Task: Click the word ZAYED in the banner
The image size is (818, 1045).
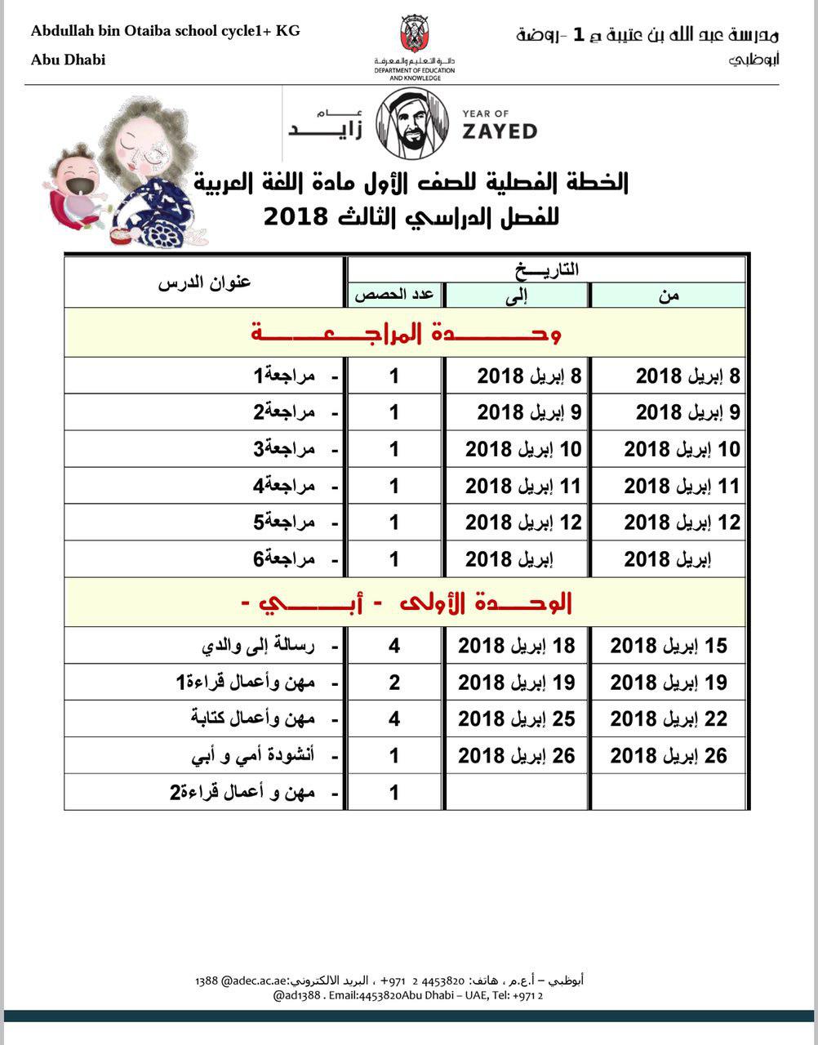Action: tap(499, 131)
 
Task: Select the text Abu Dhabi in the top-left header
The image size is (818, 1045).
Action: tap(69, 60)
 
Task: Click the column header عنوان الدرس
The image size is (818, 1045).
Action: tap(204, 282)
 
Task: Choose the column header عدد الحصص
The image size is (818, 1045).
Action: tap(393, 296)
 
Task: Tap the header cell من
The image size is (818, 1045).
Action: tap(669, 296)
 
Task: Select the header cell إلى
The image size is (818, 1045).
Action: tap(517, 296)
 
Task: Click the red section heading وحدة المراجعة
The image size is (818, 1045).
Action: tap(406, 332)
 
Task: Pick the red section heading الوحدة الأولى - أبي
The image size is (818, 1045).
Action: tap(406, 603)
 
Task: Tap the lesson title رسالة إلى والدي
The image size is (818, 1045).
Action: tap(259, 646)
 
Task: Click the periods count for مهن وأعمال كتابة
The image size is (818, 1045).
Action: tap(394, 719)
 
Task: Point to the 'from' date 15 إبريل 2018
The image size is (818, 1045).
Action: tap(669, 646)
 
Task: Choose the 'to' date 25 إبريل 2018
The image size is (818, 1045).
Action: tap(517, 719)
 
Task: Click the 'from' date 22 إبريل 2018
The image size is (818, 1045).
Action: tap(669, 719)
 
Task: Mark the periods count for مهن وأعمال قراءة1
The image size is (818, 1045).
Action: tap(394, 683)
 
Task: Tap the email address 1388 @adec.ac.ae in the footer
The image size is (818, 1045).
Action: tap(241, 980)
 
